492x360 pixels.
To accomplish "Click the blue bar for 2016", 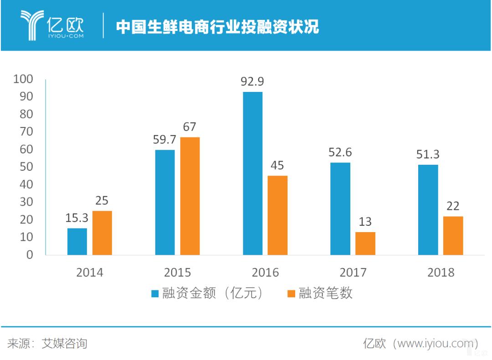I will point(252,173).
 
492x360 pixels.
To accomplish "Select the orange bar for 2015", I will point(190,196).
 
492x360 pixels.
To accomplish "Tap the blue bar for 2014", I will point(77,241).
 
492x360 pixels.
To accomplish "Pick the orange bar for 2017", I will point(365,243).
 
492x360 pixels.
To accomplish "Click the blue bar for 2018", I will point(428,209).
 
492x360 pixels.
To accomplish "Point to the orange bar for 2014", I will point(102,233).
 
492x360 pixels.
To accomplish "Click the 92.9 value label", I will point(252,82).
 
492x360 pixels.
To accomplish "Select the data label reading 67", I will point(190,127).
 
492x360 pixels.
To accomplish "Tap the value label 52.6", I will point(340,152).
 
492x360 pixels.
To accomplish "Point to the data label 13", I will point(365,222).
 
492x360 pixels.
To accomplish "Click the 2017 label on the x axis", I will point(353,273).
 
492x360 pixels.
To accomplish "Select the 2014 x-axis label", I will point(90,273).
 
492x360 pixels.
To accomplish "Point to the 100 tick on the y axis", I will point(23,79).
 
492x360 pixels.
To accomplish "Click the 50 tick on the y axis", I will point(26,167).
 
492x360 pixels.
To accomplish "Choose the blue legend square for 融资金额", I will point(155,294).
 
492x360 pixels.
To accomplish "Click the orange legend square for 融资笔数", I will point(291,294).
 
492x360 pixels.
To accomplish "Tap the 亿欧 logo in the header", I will point(52,25).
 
